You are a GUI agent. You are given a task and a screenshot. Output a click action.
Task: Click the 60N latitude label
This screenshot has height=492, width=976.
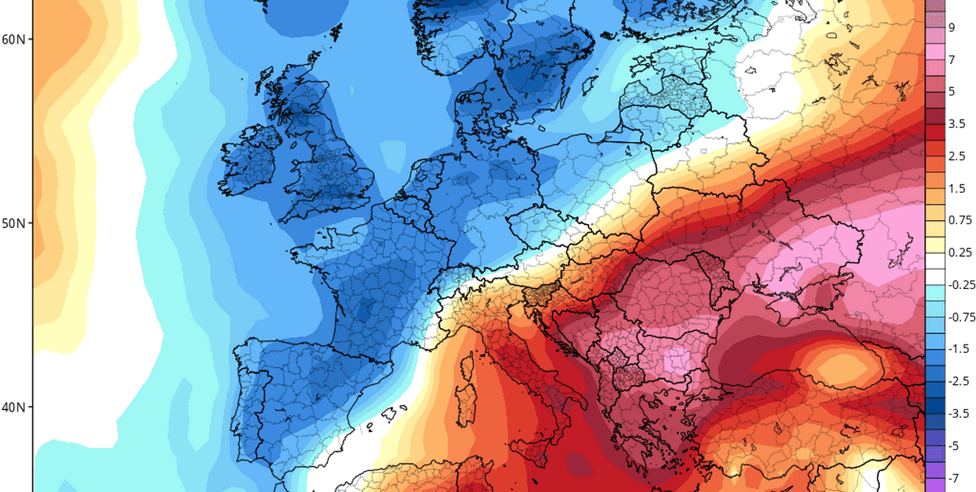pyautogui.click(x=13, y=38)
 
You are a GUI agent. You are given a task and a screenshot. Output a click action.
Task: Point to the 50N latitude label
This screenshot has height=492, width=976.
pyautogui.click(x=13, y=223)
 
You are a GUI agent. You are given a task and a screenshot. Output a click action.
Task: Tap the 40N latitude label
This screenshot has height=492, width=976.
pyautogui.click(x=13, y=407)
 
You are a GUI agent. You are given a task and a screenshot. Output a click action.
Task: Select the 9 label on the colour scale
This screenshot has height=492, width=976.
pyautogui.click(x=952, y=27)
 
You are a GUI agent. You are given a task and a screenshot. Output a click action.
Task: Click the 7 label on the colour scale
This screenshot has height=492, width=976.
pyautogui.click(x=952, y=59)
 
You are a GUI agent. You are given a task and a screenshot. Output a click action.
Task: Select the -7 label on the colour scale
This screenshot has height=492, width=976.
pyautogui.click(x=953, y=477)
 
